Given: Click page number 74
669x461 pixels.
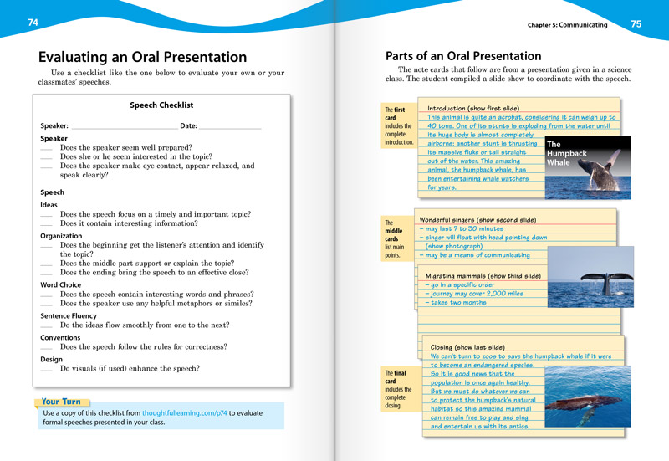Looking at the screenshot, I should [x=33, y=23].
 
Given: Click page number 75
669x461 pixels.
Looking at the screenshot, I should [x=636, y=24].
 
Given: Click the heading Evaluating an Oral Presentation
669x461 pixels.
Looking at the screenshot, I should [x=142, y=58].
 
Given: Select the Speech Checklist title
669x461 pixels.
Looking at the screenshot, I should [x=161, y=105].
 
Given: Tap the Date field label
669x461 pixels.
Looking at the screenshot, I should [x=188, y=125].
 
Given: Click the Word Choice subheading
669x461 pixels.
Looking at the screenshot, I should [x=60, y=285].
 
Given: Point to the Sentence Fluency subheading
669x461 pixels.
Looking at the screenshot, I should [x=69, y=316].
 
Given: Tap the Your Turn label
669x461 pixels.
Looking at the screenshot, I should [x=62, y=402].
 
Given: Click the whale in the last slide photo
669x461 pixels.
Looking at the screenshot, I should [x=577, y=405].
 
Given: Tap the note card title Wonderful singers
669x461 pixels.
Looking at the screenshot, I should [x=477, y=220].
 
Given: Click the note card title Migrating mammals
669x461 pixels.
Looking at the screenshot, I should [x=483, y=276].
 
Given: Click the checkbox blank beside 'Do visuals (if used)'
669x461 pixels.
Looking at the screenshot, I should [x=46, y=369].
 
